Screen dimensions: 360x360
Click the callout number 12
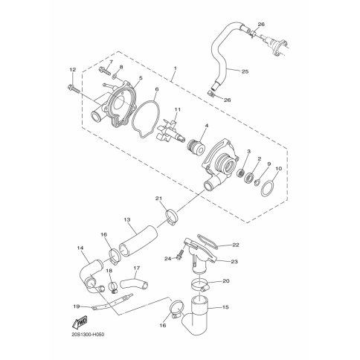pos(73,70)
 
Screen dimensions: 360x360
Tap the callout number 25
pos(245,71)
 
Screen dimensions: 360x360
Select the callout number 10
pos(278,169)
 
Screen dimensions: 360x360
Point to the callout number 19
pos(77,306)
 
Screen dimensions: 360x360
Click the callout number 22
pos(236,245)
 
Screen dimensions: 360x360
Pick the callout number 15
pos(225,307)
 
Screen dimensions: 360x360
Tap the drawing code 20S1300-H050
pos(87,335)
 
